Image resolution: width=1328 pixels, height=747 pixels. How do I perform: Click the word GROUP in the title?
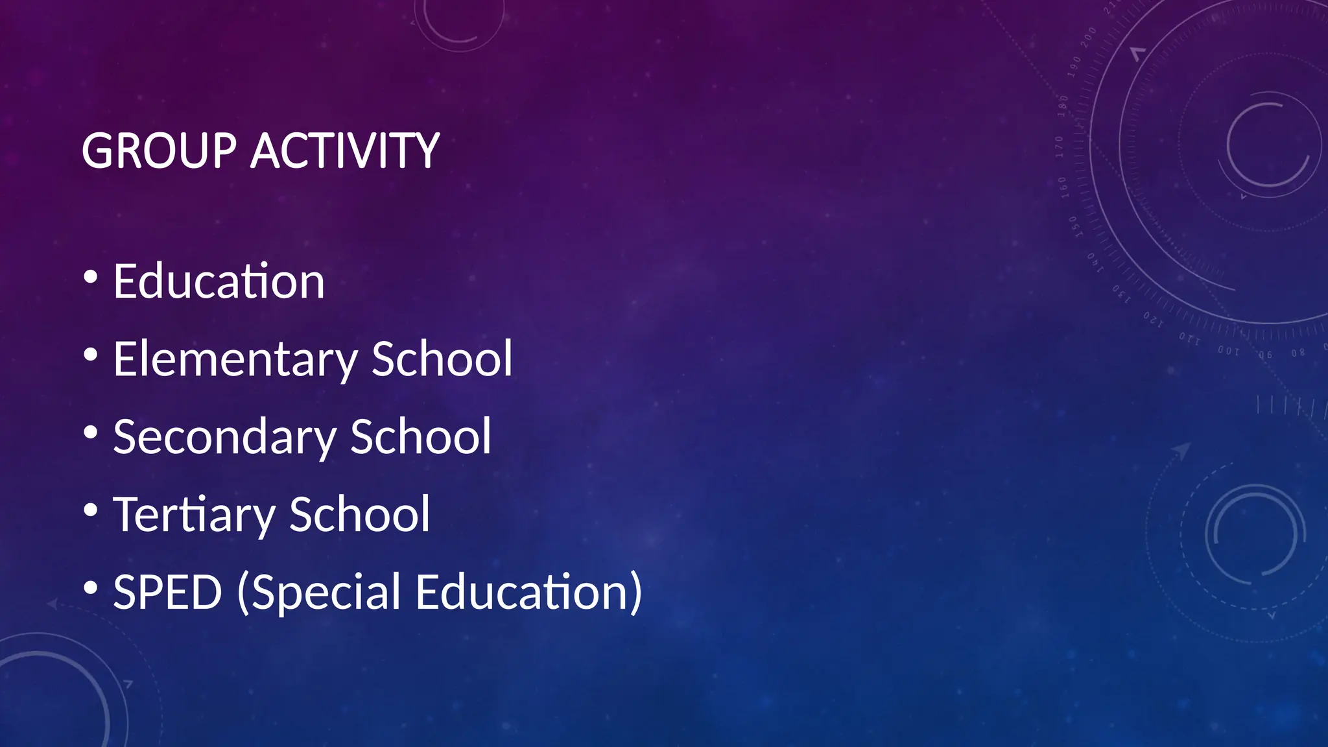(159, 151)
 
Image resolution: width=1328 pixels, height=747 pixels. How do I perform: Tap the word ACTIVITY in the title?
(345, 151)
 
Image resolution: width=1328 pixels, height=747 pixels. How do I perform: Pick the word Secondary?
(224, 437)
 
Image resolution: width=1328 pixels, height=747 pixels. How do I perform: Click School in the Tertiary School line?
(359, 514)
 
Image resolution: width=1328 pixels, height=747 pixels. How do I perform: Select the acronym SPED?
(167, 592)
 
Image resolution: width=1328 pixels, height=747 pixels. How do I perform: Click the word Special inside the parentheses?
(327, 593)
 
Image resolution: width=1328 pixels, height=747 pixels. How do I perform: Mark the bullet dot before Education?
(91, 278)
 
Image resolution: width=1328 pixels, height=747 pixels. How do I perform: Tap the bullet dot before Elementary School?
(91, 355)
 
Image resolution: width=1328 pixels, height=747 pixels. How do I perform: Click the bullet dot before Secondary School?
(91, 433)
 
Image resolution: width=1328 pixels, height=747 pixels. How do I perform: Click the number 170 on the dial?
(1060, 147)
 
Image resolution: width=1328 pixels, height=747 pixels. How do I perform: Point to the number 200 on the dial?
(1088, 36)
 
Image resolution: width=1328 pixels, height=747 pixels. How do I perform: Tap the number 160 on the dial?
(1063, 187)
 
